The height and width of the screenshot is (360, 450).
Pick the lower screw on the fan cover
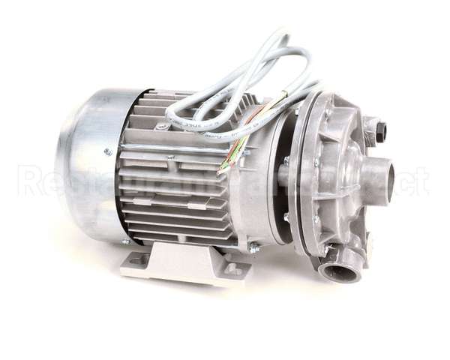(x=125, y=241)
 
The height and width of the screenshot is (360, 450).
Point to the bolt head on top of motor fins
(x=161, y=127)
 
